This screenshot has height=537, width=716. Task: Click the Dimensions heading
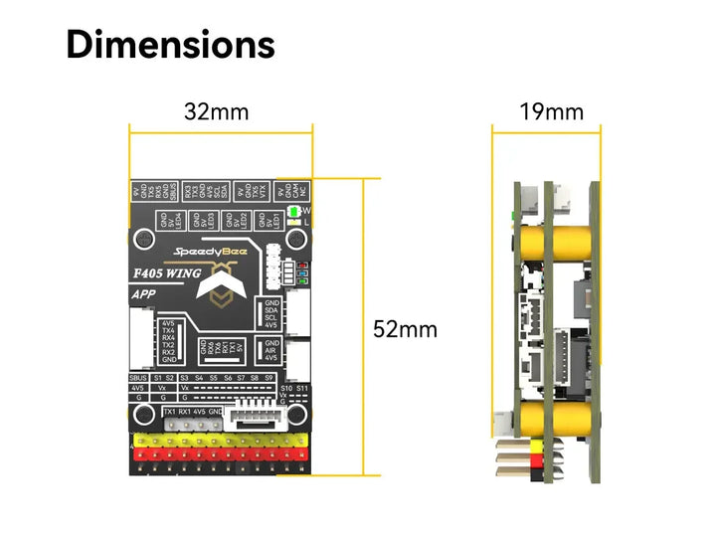coord(170,45)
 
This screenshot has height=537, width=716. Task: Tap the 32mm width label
coord(216,111)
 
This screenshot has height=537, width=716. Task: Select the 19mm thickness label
coord(551,111)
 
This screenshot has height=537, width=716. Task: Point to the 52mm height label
coord(405,329)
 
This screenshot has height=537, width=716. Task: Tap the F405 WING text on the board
coord(167,272)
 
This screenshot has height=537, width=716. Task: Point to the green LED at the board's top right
coord(293,212)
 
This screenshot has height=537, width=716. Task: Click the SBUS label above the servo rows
coord(139,378)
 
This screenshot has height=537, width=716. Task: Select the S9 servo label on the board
coord(269,378)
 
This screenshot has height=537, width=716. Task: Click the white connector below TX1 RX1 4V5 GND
coord(189,426)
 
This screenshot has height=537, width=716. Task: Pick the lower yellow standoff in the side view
coord(571,418)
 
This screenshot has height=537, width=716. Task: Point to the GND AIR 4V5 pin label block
coord(269,352)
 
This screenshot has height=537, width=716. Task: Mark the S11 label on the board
coord(302,388)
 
